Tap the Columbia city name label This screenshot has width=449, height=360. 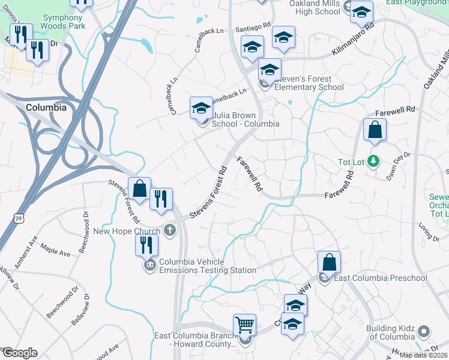click(x=46, y=107)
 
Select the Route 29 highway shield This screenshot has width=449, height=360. click(x=19, y=220)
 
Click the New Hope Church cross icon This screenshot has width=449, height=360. click(x=170, y=230)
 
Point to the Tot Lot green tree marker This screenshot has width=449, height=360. click(x=373, y=161)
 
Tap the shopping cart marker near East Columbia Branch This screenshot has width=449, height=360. click(x=244, y=325)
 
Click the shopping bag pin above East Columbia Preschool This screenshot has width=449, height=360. click(x=329, y=262)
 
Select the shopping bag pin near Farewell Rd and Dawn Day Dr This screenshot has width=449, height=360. click(x=375, y=130)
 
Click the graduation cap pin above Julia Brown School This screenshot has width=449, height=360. click(x=201, y=108)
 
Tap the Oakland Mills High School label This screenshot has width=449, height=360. click(x=315, y=7)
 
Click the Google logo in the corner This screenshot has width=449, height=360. click(x=20, y=353)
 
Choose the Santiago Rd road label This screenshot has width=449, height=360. click(x=254, y=28)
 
